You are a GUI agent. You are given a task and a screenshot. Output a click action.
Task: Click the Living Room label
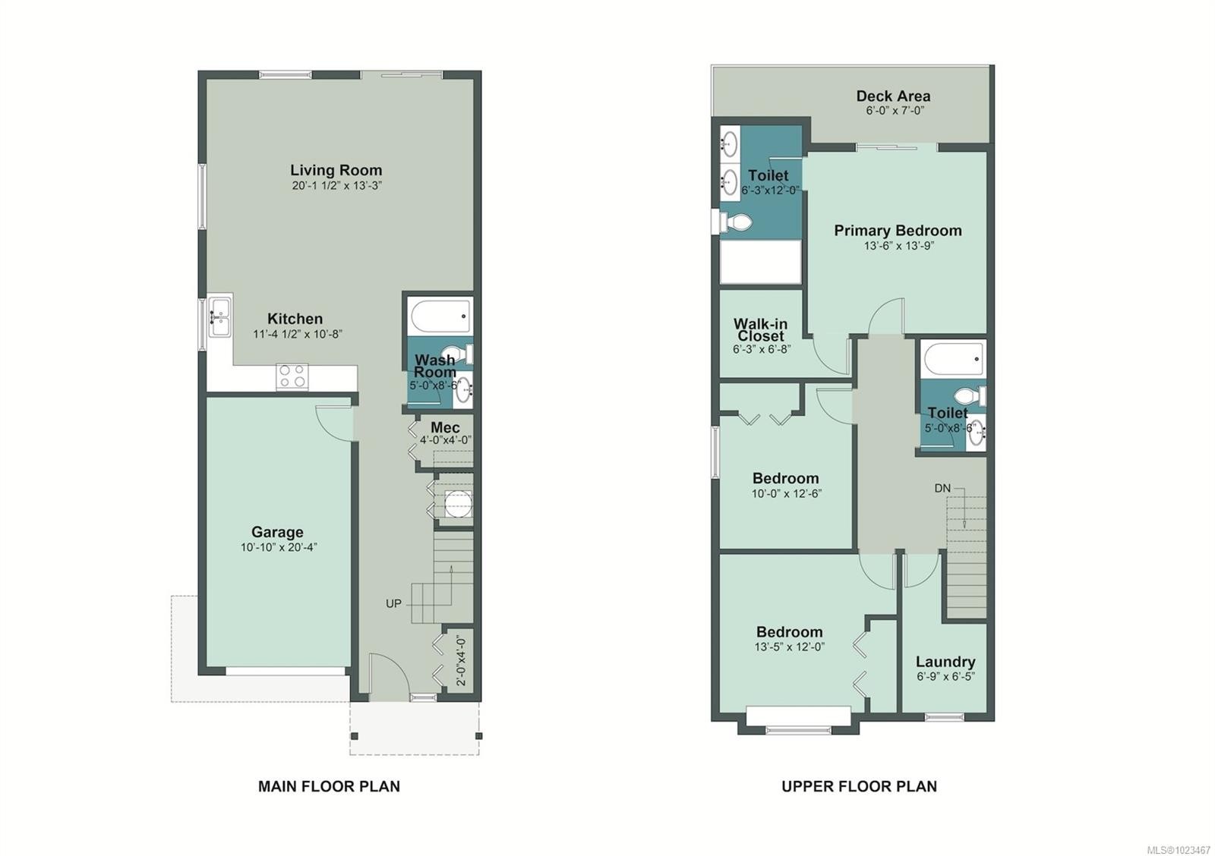336,170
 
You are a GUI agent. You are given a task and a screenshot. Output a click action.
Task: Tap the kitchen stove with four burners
292,376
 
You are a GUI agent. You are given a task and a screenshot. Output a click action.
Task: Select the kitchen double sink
219,317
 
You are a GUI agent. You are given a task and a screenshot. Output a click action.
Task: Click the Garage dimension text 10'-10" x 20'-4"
279,548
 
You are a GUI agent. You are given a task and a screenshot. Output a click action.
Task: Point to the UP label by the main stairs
394,603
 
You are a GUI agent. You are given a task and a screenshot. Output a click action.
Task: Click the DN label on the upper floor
942,489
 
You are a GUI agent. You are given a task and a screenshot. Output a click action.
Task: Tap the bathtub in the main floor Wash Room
440,316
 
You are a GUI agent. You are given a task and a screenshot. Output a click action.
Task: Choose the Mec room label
445,427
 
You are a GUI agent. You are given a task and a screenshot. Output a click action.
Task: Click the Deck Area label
893,96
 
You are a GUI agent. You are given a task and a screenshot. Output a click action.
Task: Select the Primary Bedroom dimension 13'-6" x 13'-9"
899,246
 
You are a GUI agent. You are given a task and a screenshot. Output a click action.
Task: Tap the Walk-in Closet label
760,329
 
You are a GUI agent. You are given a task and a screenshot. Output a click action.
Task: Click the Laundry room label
945,662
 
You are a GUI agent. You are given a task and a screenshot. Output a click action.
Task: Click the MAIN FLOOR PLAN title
329,787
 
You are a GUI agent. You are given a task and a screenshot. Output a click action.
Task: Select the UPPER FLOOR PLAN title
859,787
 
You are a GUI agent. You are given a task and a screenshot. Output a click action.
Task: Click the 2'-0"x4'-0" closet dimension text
461,662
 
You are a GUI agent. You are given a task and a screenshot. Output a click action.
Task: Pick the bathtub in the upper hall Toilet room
954,359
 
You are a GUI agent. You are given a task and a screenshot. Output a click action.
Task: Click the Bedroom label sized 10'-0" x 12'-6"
785,479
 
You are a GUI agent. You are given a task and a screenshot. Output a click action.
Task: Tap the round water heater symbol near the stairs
459,503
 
